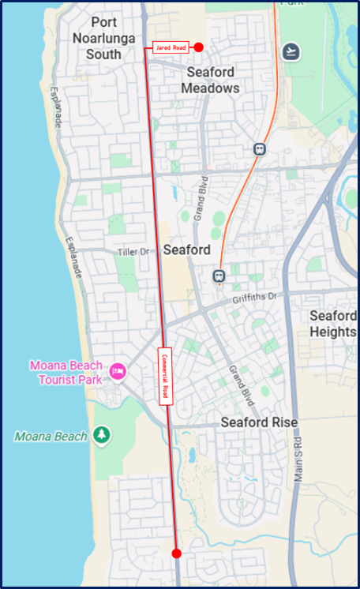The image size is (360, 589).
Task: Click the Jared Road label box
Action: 171,47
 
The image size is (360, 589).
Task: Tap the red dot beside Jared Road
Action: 199,47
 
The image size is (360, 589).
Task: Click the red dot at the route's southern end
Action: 176,553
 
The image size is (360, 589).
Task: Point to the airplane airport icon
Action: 292,50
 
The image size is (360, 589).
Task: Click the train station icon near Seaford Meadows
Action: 259,148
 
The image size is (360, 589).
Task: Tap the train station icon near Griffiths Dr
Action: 219,276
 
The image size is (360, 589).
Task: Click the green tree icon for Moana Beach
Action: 101,435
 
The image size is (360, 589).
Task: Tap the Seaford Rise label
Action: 259,422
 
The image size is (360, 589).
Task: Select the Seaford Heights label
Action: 333,324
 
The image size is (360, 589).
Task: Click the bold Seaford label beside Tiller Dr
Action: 186,249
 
